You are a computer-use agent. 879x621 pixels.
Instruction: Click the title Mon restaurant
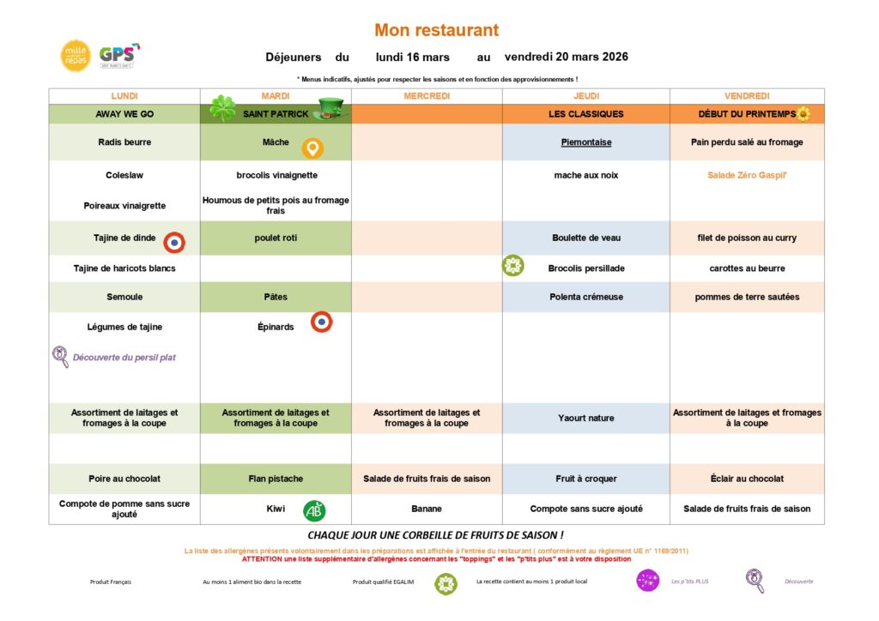tap(436, 30)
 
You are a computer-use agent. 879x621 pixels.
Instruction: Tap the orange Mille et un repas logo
tap(75, 56)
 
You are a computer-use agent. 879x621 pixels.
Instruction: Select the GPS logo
tap(118, 56)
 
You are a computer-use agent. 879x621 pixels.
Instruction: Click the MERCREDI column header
tap(427, 96)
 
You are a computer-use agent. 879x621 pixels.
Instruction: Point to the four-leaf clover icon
tap(222, 109)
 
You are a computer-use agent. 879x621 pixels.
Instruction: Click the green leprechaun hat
tap(330, 109)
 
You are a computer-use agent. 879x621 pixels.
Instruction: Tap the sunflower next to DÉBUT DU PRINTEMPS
tap(803, 114)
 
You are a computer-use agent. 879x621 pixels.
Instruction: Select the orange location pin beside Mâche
tap(312, 149)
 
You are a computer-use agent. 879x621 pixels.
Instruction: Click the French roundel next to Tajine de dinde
tap(174, 243)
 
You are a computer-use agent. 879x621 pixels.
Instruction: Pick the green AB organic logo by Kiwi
tap(314, 511)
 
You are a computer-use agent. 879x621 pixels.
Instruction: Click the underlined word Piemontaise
tap(586, 142)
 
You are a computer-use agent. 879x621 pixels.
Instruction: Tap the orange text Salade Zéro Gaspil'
tap(747, 176)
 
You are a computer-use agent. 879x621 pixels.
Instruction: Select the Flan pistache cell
tap(276, 479)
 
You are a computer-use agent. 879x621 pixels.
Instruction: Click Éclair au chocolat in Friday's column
tap(747, 479)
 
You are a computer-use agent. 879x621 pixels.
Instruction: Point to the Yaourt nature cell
tap(586, 419)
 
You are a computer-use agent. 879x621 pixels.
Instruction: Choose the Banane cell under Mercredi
tap(427, 509)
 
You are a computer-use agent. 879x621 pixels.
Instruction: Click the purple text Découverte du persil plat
tap(124, 358)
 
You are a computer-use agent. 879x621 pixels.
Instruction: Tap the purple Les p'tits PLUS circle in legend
tap(648, 581)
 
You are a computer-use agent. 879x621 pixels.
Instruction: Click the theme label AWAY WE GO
tap(124, 114)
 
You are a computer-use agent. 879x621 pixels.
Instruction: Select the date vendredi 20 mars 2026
tap(567, 57)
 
